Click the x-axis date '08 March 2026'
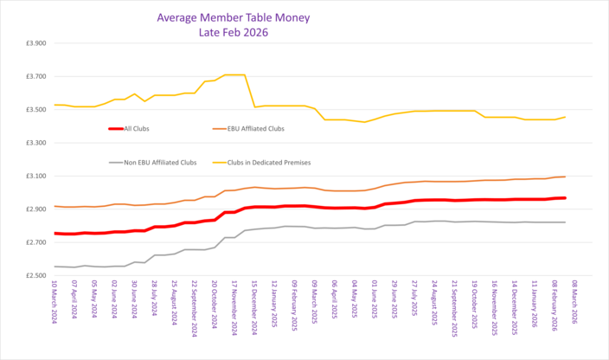point(576,306)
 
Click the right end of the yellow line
point(566,117)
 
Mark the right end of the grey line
point(566,222)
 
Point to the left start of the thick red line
point(54,233)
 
